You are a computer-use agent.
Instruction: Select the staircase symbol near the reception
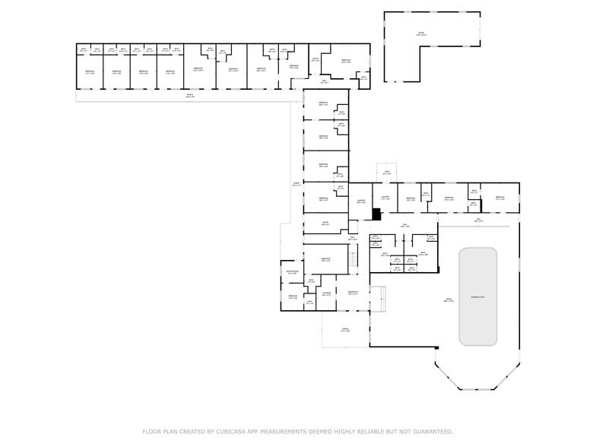point(353,260)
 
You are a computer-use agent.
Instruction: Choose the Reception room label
point(353,293)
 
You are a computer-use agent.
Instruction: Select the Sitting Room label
point(292,272)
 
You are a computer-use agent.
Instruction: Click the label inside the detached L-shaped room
point(421,33)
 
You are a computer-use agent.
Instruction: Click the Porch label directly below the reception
point(345,330)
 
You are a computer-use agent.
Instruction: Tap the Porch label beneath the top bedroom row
point(190,96)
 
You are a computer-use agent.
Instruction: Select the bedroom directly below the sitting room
point(293,296)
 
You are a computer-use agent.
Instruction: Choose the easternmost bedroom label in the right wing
point(499,198)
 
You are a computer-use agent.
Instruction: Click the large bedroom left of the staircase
point(325,260)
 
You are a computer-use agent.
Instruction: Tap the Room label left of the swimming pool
point(449,300)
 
